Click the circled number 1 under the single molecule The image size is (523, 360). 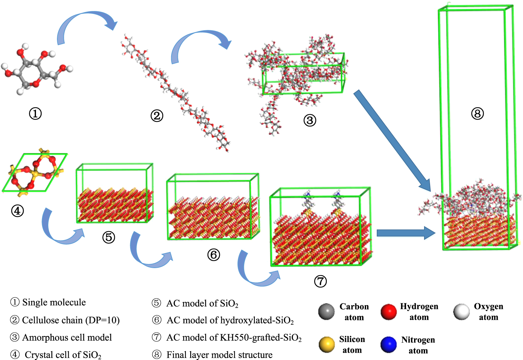click(35, 114)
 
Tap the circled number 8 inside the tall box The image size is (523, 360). click(477, 114)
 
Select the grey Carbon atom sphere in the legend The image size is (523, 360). click(326, 311)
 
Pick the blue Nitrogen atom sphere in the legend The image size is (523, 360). click(388, 344)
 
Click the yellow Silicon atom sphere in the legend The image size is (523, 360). click(326, 344)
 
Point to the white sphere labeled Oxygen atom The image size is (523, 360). click(461, 311)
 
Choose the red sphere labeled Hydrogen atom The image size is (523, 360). click(388, 311)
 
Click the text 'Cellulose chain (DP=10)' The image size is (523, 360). click(71, 320)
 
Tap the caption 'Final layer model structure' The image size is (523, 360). click(219, 355)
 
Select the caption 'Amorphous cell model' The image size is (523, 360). click(67, 337)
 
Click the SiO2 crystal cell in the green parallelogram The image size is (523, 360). click(35, 173)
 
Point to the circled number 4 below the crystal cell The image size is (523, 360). click(17, 210)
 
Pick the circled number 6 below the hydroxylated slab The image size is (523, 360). click(214, 255)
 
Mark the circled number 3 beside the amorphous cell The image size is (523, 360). click(309, 120)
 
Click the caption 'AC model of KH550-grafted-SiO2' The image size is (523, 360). click(234, 337)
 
